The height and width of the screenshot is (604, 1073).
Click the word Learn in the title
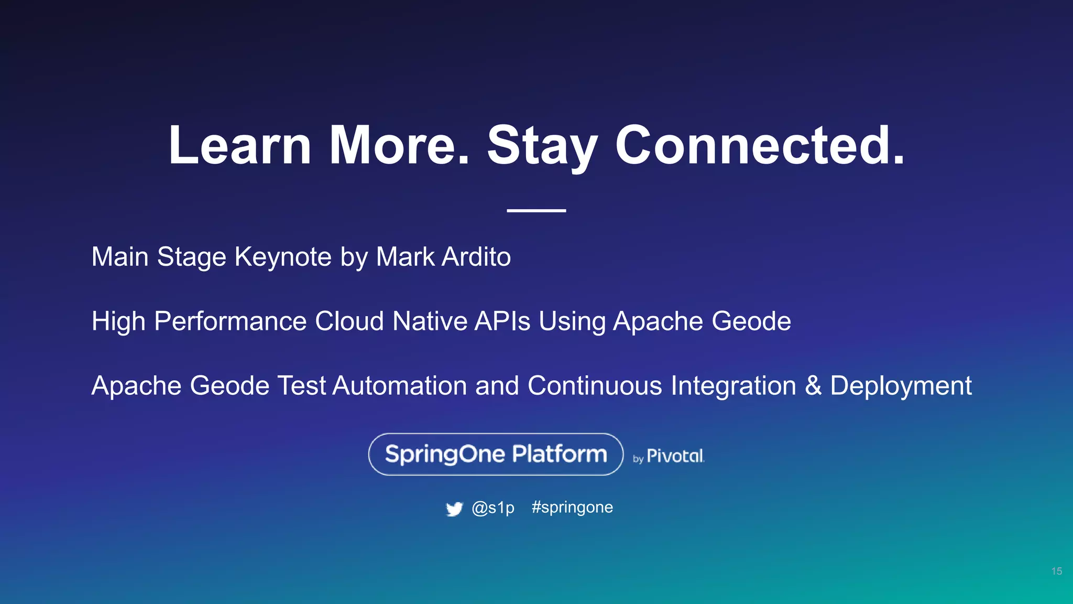click(240, 146)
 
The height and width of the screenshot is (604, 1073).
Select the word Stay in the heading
click(542, 146)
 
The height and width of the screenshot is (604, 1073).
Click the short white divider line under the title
click(536, 210)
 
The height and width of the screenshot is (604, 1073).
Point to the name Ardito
click(476, 257)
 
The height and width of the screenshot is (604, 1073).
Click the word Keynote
click(283, 257)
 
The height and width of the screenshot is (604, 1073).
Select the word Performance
click(230, 321)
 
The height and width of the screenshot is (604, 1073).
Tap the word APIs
click(502, 321)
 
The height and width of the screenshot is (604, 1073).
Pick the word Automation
click(399, 386)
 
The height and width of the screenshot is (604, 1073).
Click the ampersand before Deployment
click(813, 386)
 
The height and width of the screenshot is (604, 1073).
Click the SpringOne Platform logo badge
click(496, 454)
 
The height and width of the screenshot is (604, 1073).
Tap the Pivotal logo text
click(675, 456)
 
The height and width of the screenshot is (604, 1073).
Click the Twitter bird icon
click(454, 509)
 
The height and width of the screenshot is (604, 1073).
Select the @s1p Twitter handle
click(493, 508)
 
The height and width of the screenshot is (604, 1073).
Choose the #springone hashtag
click(572, 508)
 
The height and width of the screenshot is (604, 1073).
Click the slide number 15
click(1056, 571)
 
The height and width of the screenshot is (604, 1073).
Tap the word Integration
click(733, 386)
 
